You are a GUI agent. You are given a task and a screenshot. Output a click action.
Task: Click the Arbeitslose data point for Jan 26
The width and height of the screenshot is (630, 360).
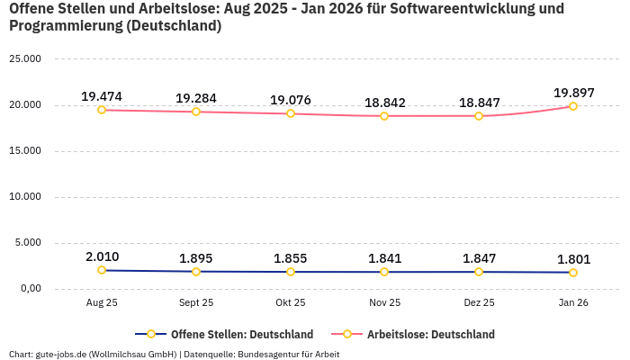tap(573, 106)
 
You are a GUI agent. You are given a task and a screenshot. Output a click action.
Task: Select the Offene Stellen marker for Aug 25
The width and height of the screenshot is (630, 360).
tap(102, 270)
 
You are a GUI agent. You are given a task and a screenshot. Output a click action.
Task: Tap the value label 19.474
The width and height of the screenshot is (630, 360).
tap(102, 96)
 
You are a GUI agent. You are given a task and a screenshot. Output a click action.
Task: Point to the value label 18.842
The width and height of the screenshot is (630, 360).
tap(384, 103)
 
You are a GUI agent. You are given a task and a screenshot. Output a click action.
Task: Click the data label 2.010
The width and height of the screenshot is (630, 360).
tap(102, 256)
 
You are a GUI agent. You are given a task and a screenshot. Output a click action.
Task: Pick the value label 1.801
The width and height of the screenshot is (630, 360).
tap(573, 259)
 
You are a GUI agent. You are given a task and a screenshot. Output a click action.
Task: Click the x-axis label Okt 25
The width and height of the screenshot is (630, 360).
tap(291, 303)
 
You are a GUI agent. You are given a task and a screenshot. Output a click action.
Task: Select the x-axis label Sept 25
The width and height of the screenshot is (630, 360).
tap(196, 303)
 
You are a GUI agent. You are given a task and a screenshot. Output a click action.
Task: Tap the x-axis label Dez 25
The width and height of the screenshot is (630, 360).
tap(479, 303)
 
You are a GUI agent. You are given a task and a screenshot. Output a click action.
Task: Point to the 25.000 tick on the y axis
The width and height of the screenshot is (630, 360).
tap(25, 59)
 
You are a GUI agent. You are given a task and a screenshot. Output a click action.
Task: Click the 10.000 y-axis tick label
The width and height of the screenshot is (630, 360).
tap(25, 197)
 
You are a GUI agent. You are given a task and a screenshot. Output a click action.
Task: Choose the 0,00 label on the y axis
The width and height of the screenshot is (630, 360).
tap(30, 289)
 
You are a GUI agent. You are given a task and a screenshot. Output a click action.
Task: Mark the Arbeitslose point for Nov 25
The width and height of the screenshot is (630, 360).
tap(384, 116)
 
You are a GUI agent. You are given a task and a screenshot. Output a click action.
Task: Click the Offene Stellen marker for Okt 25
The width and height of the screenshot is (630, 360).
tap(291, 272)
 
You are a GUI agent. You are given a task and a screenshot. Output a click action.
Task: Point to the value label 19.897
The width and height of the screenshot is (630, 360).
tap(573, 93)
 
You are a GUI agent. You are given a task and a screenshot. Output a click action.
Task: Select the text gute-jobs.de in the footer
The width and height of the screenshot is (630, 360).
tap(60, 355)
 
